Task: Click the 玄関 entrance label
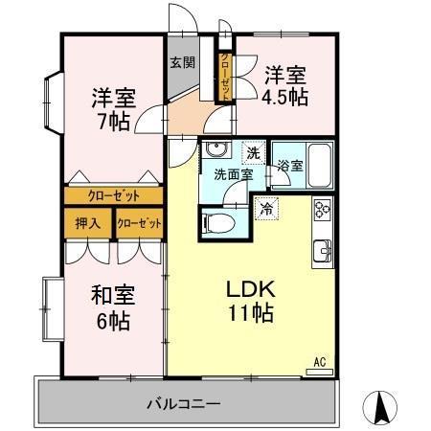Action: pos(183,63)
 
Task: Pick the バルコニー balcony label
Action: pos(184,403)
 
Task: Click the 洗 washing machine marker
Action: pos(252,151)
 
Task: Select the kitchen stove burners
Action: pos(322,208)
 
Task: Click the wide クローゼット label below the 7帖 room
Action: pos(113,195)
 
